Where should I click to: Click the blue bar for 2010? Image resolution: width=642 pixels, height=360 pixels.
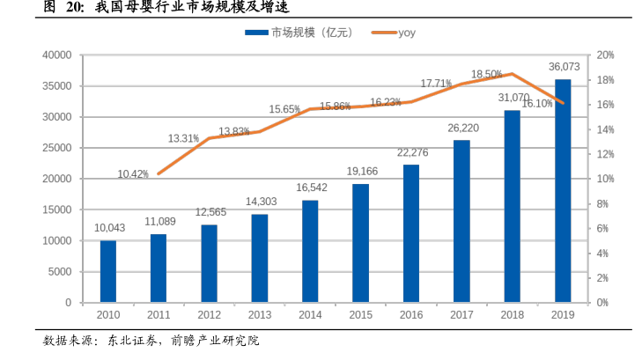pyautogui.click(x=107, y=271)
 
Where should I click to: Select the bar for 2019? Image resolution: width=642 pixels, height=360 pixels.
pyautogui.click(x=563, y=190)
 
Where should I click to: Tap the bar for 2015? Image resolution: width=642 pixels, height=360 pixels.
pyautogui.click(x=360, y=243)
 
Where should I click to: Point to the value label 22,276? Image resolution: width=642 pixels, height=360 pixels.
pyautogui.click(x=411, y=152)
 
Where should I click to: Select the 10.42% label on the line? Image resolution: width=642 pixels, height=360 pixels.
pyautogui.click(x=133, y=174)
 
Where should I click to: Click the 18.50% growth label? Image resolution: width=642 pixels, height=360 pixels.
pyautogui.click(x=487, y=75)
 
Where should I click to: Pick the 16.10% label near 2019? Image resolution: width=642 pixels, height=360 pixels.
pyautogui.click(x=537, y=103)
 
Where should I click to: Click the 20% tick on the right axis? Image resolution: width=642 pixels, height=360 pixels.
pyautogui.click(x=604, y=55)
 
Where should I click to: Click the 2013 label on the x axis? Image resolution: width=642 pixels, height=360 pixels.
pyautogui.click(x=259, y=314)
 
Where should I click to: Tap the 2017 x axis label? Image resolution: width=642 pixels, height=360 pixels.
pyautogui.click(x=461, y=314)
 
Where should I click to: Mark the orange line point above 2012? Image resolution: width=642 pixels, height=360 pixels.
pyautogui.click(x=209, y=137)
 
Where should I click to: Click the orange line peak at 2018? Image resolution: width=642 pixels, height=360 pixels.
pyautogui.click(x=513, y=73)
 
